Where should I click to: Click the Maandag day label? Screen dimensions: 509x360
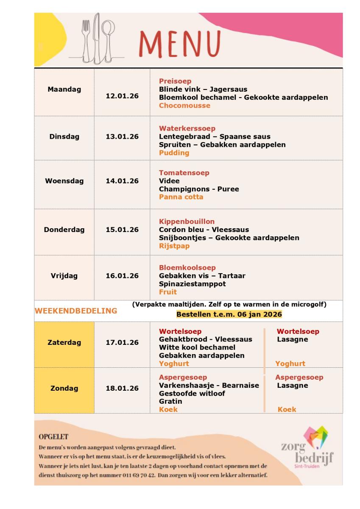(x=64, y=89)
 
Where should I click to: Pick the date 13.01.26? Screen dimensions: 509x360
(x=122, y=137)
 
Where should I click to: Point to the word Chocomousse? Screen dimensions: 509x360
(x=184, y=106)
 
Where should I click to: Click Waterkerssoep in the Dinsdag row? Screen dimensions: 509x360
(x=187, y=129)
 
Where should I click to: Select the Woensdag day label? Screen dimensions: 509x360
(x=64, y=181)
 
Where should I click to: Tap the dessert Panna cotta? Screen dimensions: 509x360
(x=181, y=197)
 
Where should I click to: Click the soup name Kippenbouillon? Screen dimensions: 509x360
(x=187, y=221)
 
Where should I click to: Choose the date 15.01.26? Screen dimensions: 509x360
(x=122, y=230)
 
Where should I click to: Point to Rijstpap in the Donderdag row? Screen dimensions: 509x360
(x=174, y=246)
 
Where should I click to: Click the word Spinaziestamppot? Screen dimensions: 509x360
(x=193, y=284)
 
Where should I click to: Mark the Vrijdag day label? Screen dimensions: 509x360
(x=64, y=276)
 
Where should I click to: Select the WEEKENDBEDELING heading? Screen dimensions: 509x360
(x=76, y=311)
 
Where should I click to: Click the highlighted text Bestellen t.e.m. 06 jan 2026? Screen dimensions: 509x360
(x=229, y=314)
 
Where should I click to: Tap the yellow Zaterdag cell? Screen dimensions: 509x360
(x=64, y=343)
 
